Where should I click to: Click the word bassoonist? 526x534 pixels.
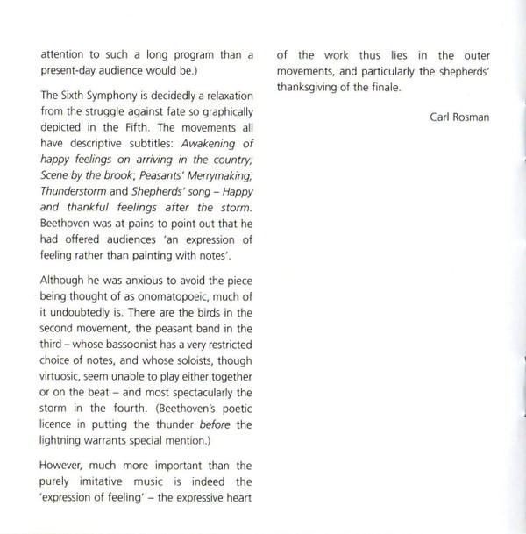tap(120, 345)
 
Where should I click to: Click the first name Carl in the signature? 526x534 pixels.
tap(444, 117)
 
